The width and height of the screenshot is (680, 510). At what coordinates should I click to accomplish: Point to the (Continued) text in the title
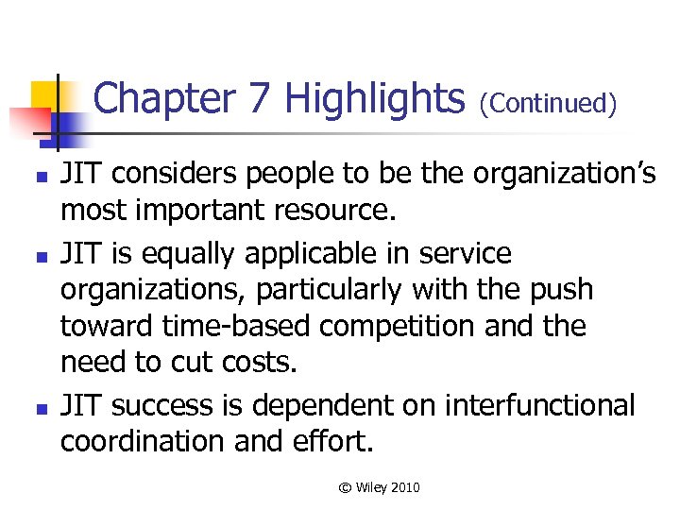tap(549, 102)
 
